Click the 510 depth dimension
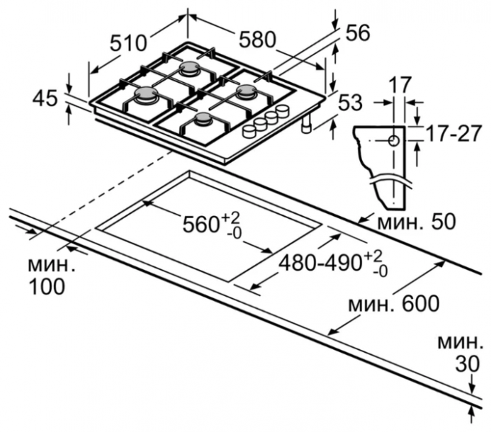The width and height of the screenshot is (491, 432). click(x=130, y=43)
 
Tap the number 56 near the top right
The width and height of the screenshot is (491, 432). click(x=356, y=32)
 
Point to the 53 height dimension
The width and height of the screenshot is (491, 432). click(x=350, y=103)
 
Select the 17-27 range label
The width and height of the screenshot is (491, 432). click(x=451, y=133)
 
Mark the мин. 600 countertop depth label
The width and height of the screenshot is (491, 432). click(x=393, y=303)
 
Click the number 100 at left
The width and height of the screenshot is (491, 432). click(x=48, y=286)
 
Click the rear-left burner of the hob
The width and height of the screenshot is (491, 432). click(x=191, y=68)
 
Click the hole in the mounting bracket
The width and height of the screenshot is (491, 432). click(x=393, y=140)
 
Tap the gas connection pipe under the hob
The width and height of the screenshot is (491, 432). click(x=307, y=127)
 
